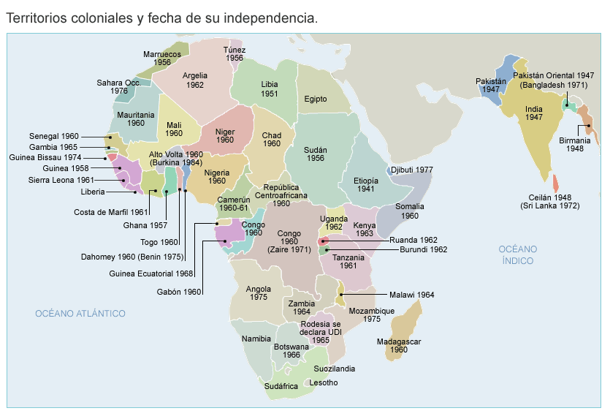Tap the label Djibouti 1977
[412, 170]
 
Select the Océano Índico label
[517, 254]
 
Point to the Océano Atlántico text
[80, 314]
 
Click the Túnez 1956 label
[234, 53]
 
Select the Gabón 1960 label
[178, 292]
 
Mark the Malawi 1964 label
[411, 295]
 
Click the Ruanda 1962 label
[413, 239]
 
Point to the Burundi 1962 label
[418, 249]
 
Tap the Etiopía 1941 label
[365, 184]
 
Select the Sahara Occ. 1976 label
[118, 87]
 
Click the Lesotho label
[324, 382]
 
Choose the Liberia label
[92, 192]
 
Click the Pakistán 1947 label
[491, 85]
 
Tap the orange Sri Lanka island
[556, 182]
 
